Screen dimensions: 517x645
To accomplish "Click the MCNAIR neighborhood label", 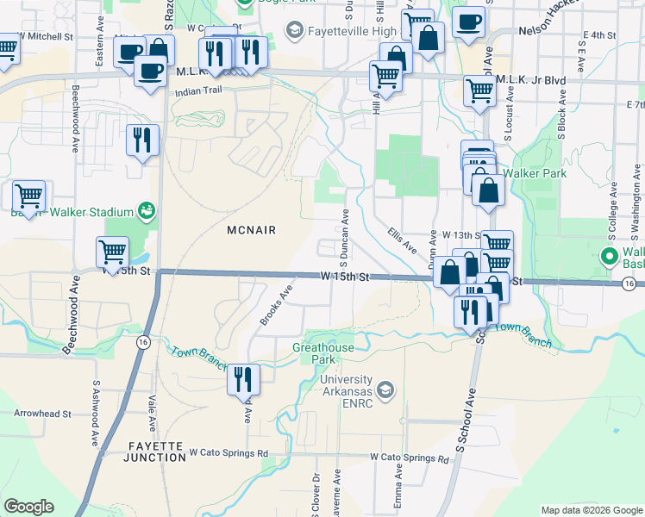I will [251, 230].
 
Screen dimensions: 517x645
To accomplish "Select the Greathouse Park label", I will [323, 352].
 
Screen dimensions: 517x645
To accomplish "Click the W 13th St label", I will [460, 234].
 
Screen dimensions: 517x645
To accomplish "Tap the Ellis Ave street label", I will [402, 240].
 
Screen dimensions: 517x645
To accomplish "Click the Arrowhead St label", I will [43, 414].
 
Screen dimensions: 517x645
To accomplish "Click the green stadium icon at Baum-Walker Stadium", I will [147, 211].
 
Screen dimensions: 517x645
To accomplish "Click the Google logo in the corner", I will [28, 507].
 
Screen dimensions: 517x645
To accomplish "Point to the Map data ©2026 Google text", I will [591, 510].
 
